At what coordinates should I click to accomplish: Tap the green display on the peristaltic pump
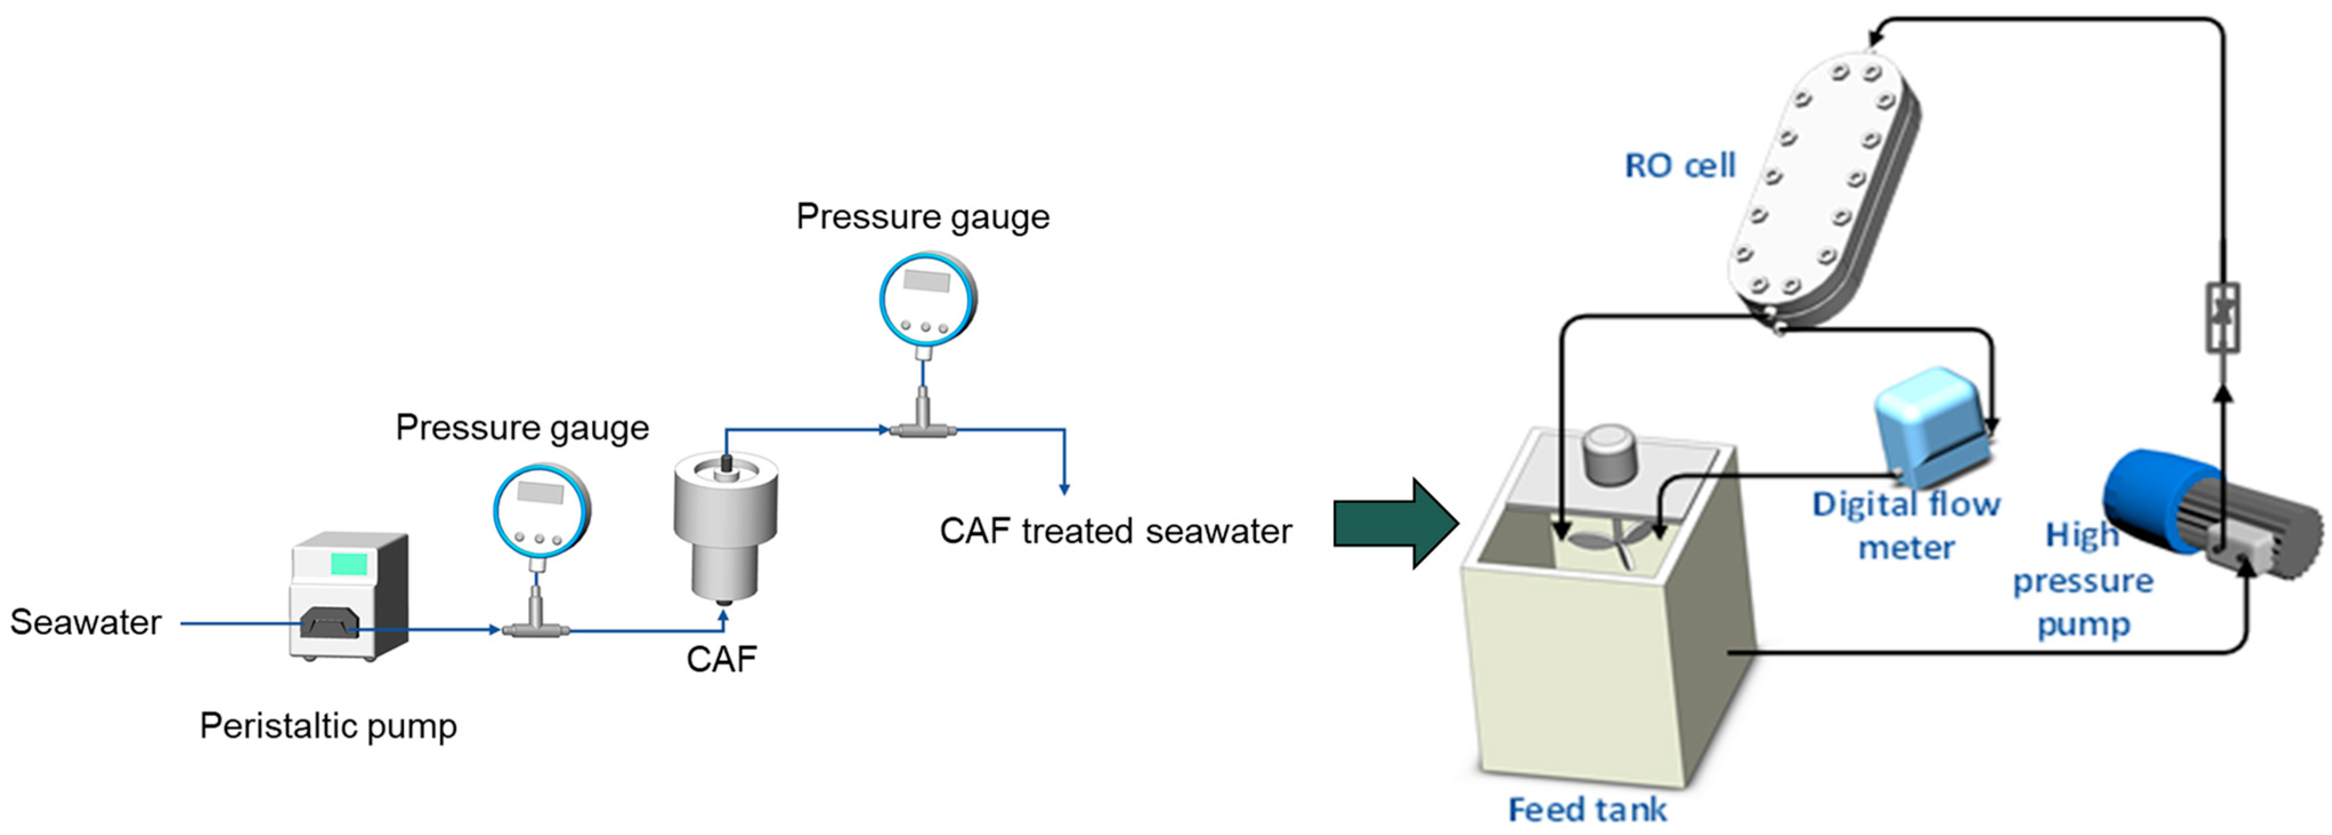tap(348, 563)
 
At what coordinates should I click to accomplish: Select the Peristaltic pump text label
tap(328, 725)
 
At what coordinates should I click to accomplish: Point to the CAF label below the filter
tap(721, 659)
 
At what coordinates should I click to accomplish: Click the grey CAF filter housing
tap(725, 525)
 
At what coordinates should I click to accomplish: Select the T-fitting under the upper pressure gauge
tap(923, 429)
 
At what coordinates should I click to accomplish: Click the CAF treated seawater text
tap(1116, 531)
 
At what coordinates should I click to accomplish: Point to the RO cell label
tap(1680, 166)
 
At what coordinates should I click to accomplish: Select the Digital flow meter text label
tap(1905, 525)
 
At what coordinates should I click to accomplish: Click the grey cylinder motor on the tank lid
tap(1609, 453)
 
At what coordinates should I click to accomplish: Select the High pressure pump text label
tap(2082, 580)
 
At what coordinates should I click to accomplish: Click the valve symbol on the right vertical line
tap(2221, 317)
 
